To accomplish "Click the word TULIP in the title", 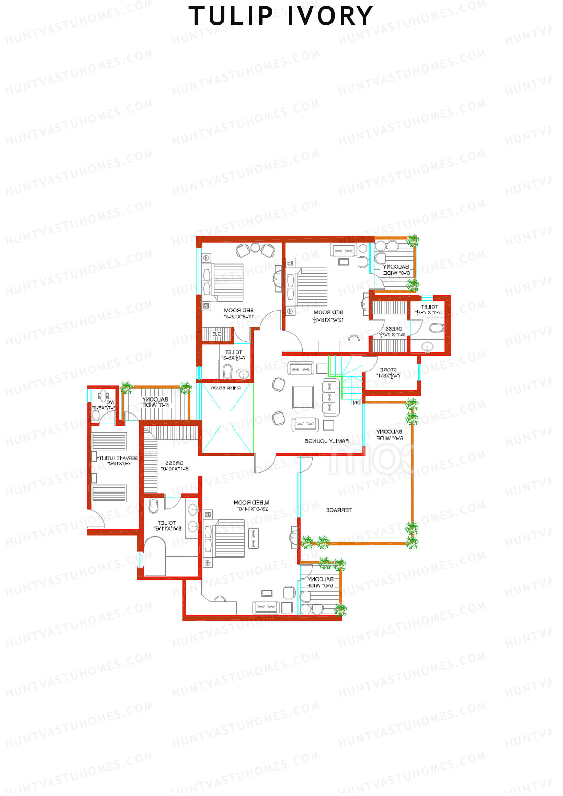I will coord(230,17).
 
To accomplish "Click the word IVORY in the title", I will coord(330,17).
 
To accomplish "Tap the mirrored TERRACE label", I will coord(339,510).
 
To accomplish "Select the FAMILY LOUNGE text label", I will coord(327,441).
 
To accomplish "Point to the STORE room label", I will coord(388,370).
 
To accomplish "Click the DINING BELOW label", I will coord(225,388).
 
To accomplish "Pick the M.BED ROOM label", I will coord(251,503).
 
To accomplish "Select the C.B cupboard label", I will coord(217,334).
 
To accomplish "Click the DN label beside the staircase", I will coord(357,402).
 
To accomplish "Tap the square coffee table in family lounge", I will coord(303,398).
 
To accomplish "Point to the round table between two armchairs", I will coord(255,248).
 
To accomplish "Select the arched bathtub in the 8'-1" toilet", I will coord(155,556).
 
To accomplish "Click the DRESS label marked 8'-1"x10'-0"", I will coord(175,463).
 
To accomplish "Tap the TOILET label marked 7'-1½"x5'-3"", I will coord(234,352).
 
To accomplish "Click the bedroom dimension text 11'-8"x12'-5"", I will coord(238,317).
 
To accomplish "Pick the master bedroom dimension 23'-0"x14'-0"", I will coord(252,509).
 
